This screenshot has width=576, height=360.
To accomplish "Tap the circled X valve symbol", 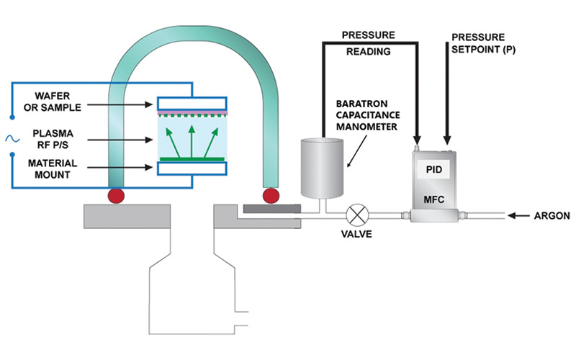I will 357,214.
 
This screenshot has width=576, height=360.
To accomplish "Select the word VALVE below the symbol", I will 356,235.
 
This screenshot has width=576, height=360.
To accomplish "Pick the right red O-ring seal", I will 271,195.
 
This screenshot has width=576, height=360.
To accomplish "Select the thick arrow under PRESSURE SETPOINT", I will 447,101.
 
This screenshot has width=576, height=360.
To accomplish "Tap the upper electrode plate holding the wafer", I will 192,104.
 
